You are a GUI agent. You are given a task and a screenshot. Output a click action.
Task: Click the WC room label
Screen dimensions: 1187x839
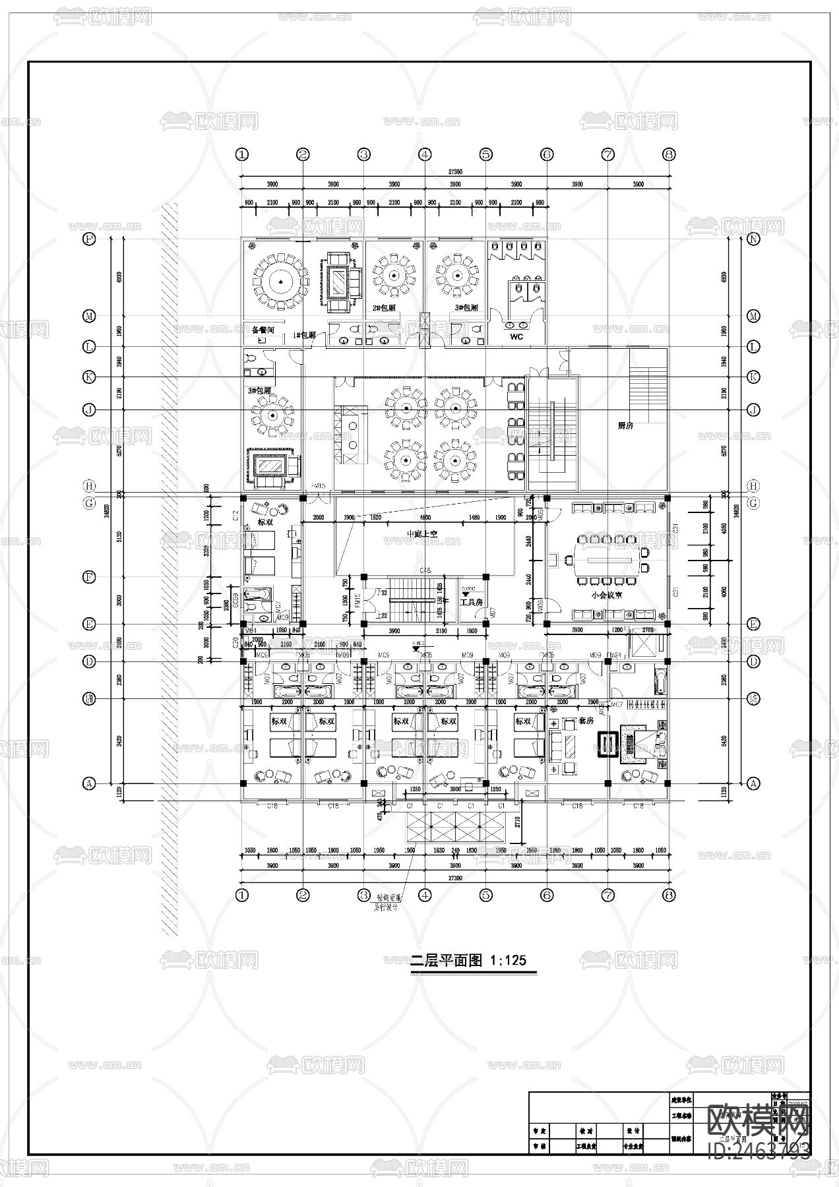[x=516, y=337]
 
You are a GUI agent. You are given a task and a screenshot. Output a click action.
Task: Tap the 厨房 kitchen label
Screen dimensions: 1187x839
[x=625, y=426]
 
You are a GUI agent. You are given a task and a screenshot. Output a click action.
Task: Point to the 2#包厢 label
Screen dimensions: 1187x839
[x=384, y=308]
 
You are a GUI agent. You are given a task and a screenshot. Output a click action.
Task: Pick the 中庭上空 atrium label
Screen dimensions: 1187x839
[x=422, y=534]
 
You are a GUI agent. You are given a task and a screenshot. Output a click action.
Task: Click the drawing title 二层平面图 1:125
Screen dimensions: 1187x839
[x=469, y=960]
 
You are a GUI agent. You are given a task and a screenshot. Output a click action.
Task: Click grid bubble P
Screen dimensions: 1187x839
[x=89, y=239]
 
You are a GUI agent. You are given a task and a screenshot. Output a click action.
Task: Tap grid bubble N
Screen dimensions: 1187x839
[x=754, y=239]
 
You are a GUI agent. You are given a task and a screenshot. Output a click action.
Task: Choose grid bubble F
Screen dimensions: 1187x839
[x=89, y=577]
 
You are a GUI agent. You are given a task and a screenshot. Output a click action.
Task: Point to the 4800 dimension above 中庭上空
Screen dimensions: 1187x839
[x=425, y=518]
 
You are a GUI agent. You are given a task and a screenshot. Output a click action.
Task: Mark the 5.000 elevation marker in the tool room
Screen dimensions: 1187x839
[x=468, y=588]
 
